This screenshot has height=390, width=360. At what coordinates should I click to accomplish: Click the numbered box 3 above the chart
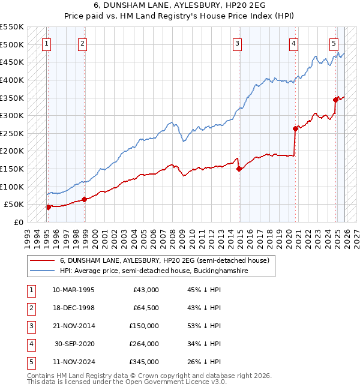(238, 43)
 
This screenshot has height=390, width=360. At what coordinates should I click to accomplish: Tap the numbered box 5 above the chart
(334, 43)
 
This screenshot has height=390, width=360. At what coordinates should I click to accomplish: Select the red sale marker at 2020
(295, 128)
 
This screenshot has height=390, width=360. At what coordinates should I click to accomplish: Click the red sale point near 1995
(47, 207)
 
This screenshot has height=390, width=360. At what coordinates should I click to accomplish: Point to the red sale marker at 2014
(239, 169)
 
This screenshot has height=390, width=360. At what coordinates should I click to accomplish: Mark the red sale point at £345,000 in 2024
(336, 100)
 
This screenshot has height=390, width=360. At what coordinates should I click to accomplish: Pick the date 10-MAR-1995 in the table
(73, 290)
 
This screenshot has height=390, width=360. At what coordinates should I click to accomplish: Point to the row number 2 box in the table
(30, 308)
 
